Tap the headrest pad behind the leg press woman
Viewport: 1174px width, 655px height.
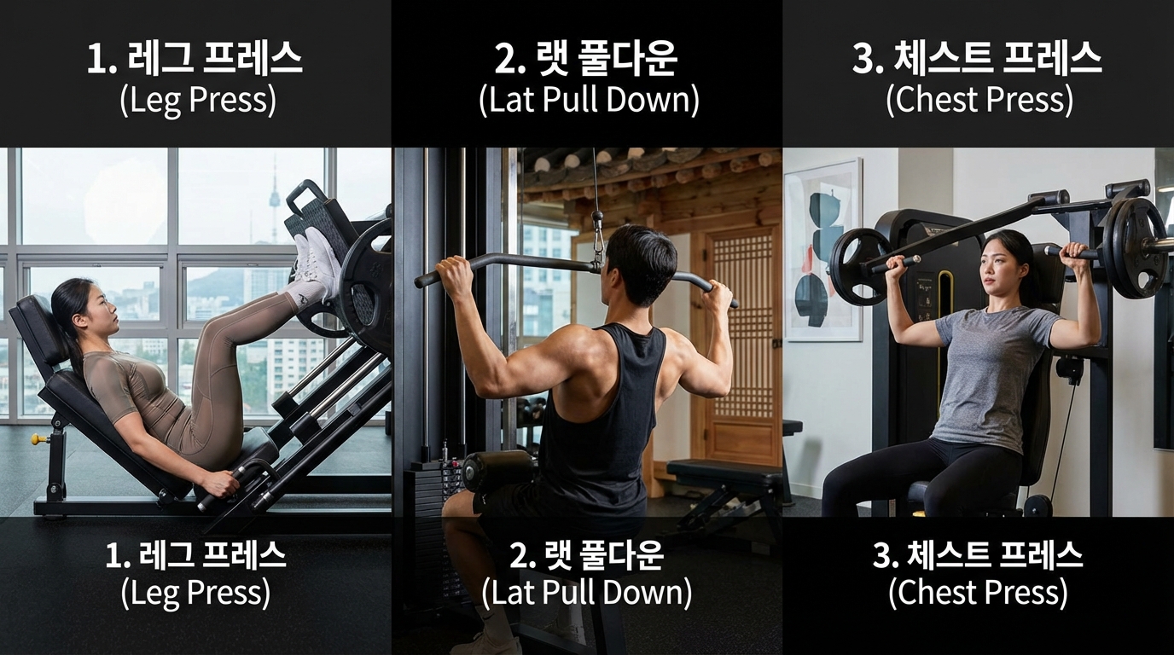tap(38, 327)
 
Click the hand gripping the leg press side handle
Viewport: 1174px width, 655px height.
tap(219, 484)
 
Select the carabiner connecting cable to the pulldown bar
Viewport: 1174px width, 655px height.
tap(598, 244)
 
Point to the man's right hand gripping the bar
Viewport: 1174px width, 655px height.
tap(718, 294)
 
